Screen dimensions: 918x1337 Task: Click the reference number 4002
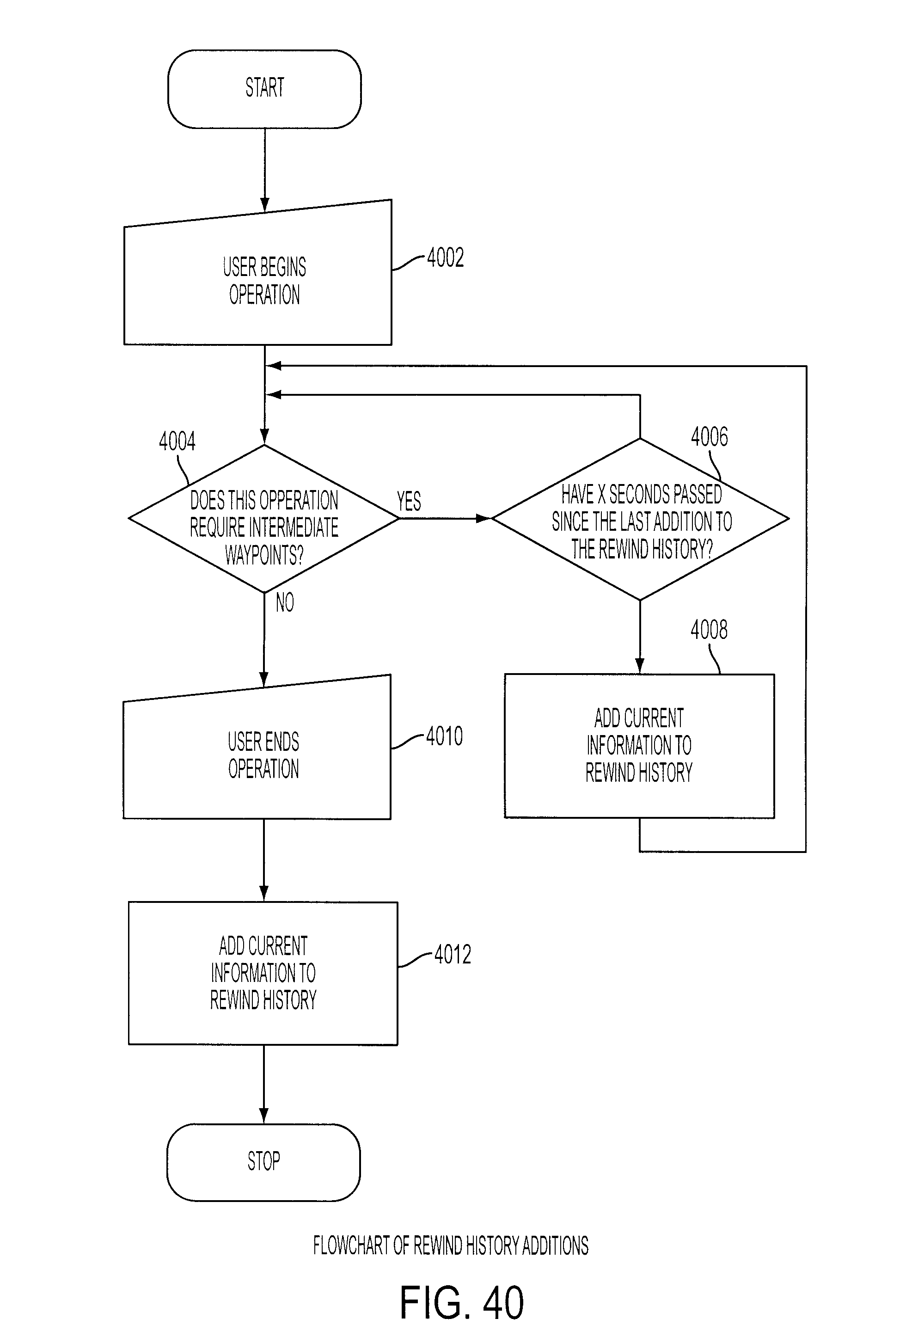[x=445, y=257]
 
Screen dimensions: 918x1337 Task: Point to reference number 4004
[x=177, y=441]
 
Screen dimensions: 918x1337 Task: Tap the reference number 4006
[x=709, y=437]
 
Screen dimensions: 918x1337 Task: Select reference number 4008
[x=709, y=630]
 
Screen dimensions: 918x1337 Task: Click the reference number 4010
[x=444, y=736]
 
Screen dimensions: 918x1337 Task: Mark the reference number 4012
[x=453, y=955]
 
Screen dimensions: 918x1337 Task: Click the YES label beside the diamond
[x=409, y=501]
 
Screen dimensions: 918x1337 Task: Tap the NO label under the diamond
[x=285, y=602]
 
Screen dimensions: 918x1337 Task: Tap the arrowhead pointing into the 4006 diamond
[x=484, y=518]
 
